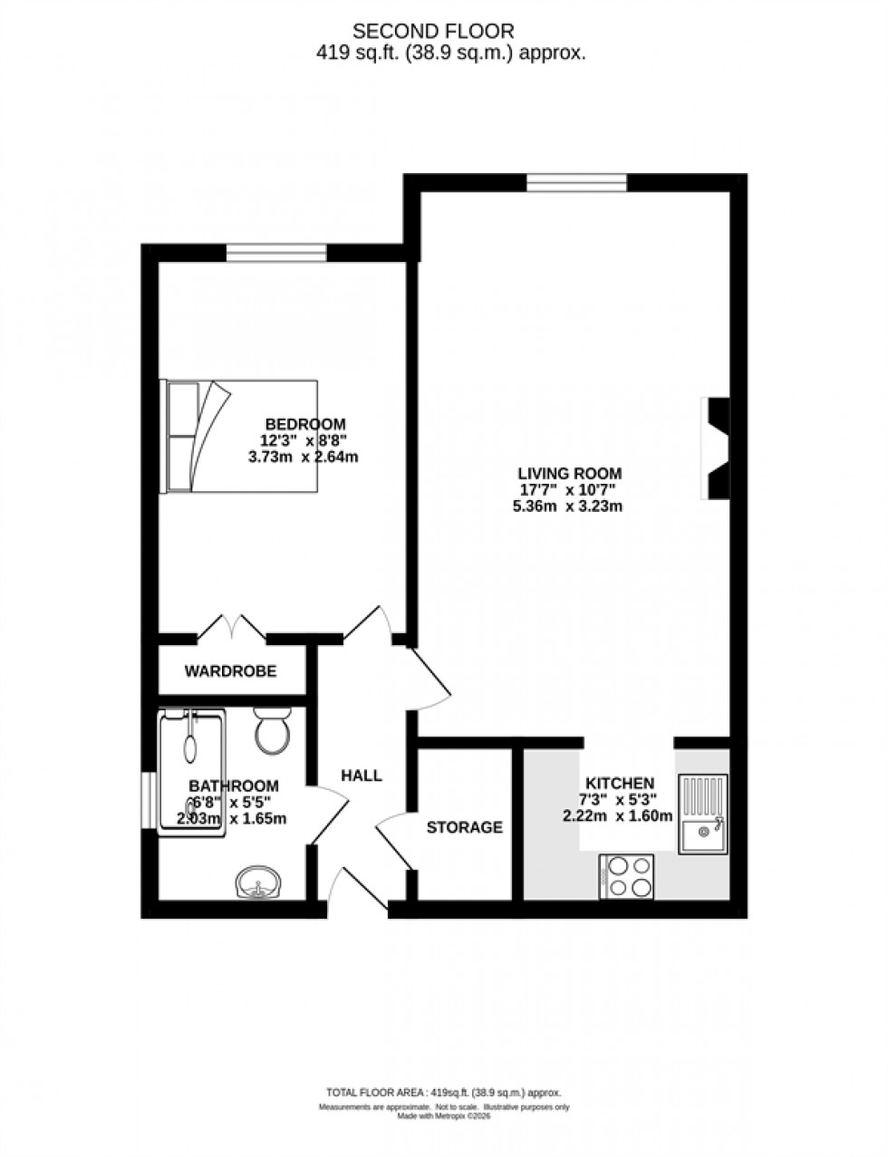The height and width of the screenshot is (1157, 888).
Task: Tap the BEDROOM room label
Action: (x=304, y=424)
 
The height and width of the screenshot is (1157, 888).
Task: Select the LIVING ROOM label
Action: (x=569, y=473)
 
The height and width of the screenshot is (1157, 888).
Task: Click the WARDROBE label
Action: (x=230, y=671)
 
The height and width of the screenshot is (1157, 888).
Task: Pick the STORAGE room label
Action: (x=464, y=827)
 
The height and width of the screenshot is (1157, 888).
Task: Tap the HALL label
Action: (x=362, y=776)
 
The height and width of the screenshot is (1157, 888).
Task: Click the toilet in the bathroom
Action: (x=272, y=730)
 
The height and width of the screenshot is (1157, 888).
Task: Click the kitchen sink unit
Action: (x=702, y=813)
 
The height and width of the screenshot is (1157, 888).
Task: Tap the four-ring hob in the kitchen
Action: (x=626, y=876)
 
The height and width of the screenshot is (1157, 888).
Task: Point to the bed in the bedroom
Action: (x=239, y=436)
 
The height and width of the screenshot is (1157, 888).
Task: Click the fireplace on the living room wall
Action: (x=715, y=448)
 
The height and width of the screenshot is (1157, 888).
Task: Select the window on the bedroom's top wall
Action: (x=275, y=252)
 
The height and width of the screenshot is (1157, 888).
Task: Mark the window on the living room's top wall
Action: (x=576, y=182)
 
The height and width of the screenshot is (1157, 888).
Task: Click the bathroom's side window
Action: (x=148, y=800)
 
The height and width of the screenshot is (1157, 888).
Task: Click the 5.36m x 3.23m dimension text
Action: (x=567, y=506)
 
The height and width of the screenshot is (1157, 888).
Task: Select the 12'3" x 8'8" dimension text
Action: (x=304, y=440)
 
